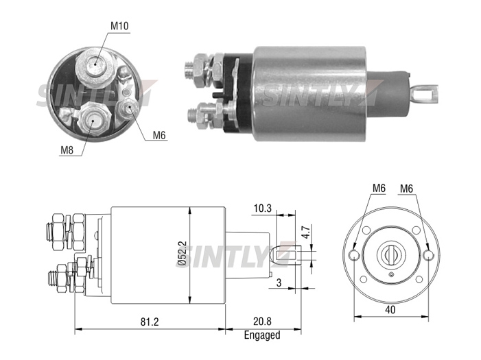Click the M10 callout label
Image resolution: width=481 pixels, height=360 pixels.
pyautogui.click(x=119, y=26)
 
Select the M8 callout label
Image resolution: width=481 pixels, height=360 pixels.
pyautogui.click(x=67, y=150)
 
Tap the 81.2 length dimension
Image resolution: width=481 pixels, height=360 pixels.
pyautogui.click(x=150, y=322)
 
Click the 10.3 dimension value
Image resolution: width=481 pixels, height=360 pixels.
pyautogui.click(x=263, y=208)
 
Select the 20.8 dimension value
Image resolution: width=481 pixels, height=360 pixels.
pyautogui.click(x=262, y=322)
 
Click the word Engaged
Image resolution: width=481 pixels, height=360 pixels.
pyautogui.click(x=262, y=335)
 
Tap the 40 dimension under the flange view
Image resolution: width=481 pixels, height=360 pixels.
pyautogui.click(x=390, y=310)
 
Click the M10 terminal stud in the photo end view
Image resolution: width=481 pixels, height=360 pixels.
pyautogui.click(x=95, y=64)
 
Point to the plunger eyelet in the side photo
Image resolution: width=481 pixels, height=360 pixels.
pyautogui.click(x=424, y=94)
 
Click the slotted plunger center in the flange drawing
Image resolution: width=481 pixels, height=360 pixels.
pyautogui.click(x=390, y=254)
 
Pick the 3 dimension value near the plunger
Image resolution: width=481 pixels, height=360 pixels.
pyautogui.click(x=279, y=283)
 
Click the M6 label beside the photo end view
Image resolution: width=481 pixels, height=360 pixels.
pyautogui.click(x=159, y=135)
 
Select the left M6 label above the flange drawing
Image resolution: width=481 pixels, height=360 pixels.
pyautogui.click(x=379, y=188)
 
